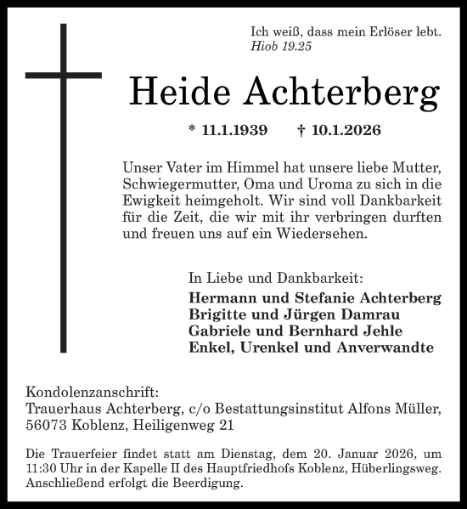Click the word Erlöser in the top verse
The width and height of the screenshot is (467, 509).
click(388, 31)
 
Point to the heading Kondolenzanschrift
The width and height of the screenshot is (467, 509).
click(92, 393)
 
